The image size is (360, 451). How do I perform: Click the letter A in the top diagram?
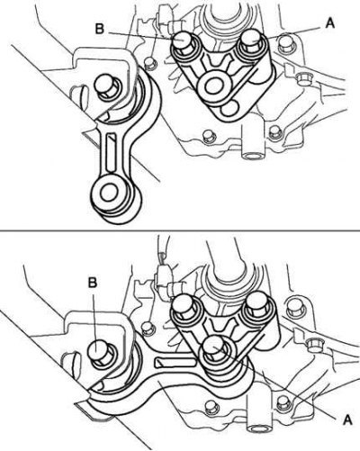tap(329, 23)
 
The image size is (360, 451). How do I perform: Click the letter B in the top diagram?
tap(100, 29)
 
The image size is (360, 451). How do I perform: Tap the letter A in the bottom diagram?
tap(347, 419)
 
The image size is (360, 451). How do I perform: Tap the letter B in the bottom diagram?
tap(93, 282)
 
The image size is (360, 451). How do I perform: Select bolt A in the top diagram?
tap(251, 41)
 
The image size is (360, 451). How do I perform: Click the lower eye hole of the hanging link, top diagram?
tap(108, 193)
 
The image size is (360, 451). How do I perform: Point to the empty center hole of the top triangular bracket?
tap(215, 86)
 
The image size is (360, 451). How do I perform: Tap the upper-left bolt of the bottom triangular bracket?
tap(183, 306)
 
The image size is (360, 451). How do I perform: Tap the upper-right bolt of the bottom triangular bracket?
tap(256, 306)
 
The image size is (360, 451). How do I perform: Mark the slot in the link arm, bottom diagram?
tap(175, 362)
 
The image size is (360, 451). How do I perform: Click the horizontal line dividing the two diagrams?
tap(180, 230)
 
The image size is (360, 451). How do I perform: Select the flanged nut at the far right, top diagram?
tap(302, 79)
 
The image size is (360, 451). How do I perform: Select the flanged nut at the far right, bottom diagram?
tap(315, 344)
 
